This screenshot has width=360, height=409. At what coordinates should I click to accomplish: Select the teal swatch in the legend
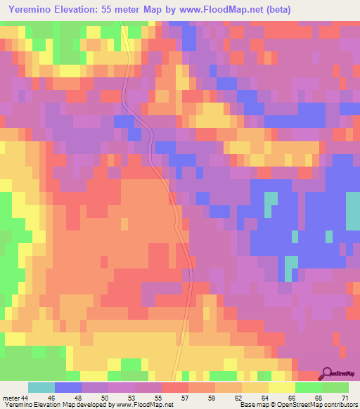[41, 387]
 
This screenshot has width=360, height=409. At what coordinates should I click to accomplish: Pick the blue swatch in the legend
[67, 387]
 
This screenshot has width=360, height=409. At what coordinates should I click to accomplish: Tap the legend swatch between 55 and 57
[174, 387]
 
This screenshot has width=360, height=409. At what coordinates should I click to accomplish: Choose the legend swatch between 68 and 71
[335, 387]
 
